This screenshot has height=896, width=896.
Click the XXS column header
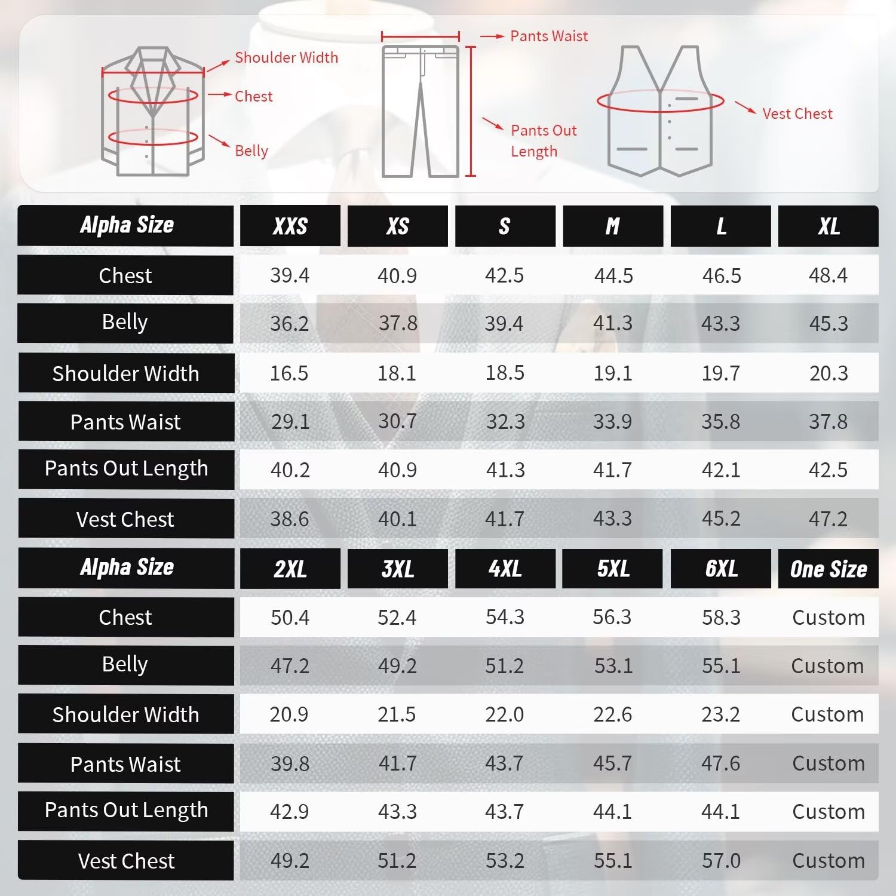290,226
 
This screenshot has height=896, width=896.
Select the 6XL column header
721,569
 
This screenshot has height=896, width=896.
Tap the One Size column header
829,569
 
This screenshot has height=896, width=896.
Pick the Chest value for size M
613,275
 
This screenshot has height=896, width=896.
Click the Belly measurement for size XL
829,324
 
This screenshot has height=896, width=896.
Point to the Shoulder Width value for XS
397,373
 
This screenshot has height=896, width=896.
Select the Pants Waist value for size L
721,422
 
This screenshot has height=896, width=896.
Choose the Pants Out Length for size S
505,470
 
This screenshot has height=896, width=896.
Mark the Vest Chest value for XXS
290,518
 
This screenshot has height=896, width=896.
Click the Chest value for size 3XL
397,617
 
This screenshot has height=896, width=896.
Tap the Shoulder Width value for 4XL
505,714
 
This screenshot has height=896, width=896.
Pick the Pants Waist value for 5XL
613,763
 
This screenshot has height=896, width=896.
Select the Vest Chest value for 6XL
721,861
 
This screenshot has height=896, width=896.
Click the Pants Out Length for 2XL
290,812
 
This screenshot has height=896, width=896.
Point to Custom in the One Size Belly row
828,666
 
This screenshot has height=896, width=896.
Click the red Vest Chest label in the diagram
797,113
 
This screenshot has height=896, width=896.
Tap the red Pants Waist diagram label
549,36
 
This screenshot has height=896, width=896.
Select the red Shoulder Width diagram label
286,58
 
